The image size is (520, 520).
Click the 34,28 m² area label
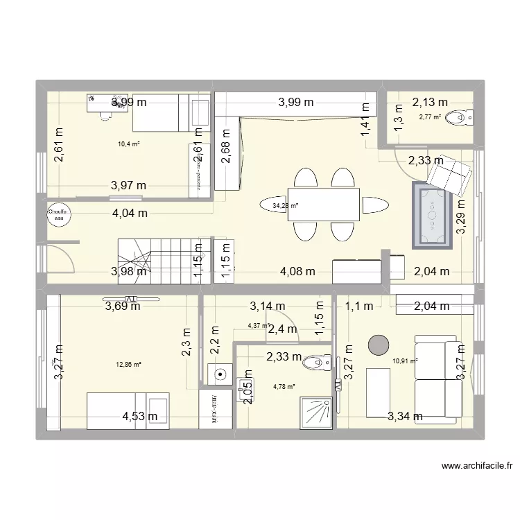coord(285,206)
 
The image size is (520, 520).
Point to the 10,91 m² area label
coord(405,361)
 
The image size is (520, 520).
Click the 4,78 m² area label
coord(284,387)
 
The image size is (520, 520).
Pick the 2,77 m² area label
coord(430,117)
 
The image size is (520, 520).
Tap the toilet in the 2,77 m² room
coord(460,117)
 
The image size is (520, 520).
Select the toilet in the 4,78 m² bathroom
coord(320,361)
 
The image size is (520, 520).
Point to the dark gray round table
coord(379,345)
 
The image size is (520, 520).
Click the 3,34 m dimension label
coord(404,416)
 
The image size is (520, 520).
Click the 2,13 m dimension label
coord(430,103)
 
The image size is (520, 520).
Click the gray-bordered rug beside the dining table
coord(433,215)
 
